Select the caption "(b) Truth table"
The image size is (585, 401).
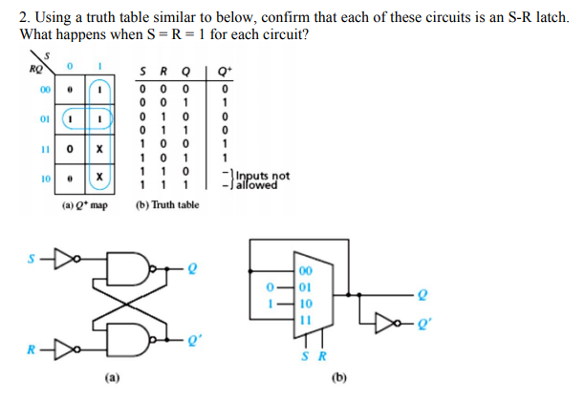pos(168,204)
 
